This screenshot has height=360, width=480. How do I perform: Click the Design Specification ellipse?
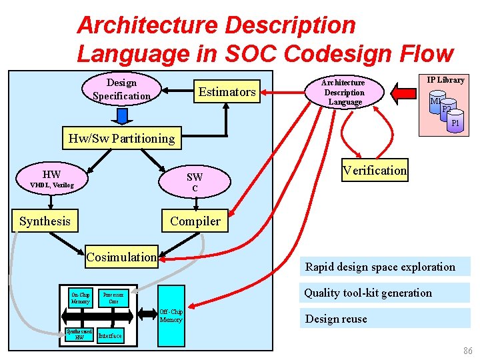tap(121, 90)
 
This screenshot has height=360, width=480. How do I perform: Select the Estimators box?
tap(227, 92)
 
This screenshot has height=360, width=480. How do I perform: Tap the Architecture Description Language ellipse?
tap(345, 92)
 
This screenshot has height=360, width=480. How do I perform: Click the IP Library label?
tap(445, 80)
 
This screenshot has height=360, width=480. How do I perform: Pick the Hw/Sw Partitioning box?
tap(121, 139)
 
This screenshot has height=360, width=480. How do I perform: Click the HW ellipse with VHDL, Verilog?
tap(51, 179)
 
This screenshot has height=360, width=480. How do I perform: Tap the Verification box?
tap(374, 170)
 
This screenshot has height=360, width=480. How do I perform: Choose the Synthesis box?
tap(45, 221)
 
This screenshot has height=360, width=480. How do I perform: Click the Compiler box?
tap(195, 221)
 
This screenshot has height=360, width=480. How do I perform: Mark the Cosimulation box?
tap(121, 257)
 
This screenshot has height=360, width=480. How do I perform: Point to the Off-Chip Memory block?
tap(171, 316)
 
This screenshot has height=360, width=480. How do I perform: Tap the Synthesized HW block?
tap(79, 334)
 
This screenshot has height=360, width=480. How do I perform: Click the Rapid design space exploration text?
tap(380, 267)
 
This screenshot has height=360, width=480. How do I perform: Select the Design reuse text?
tap(336, 319)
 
